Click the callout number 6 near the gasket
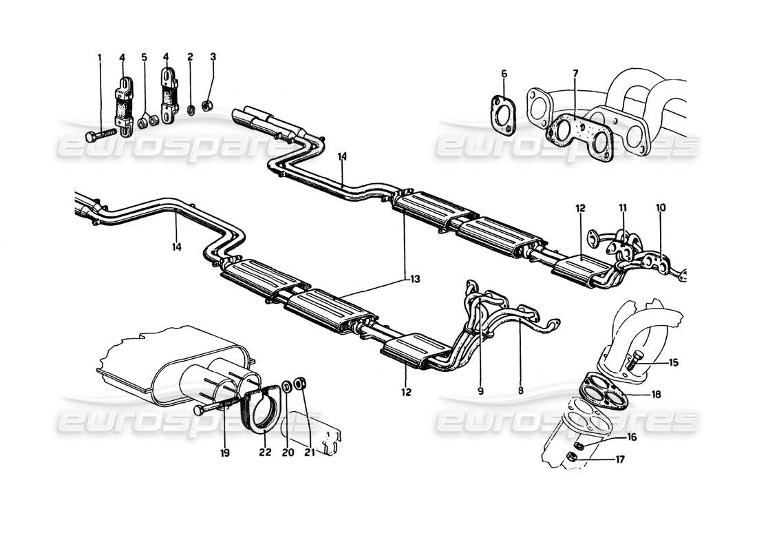pos(503,74)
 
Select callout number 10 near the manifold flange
pos(661,207)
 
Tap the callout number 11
pos(623,207)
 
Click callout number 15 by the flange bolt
pos(673,360)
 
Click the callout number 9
pos(480,391)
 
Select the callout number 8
pos(521,391)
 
